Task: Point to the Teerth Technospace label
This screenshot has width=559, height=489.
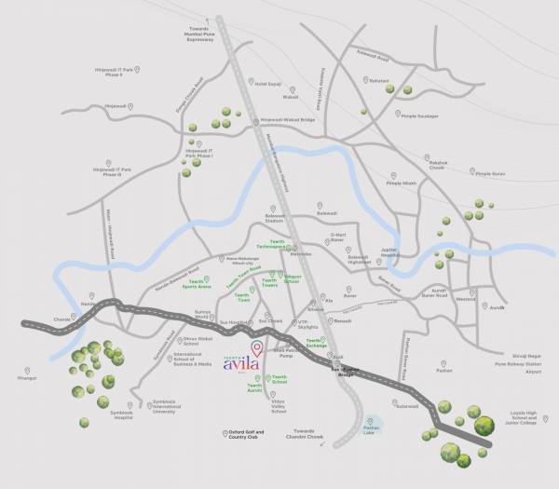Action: pyautogui.click(x=277, y=244)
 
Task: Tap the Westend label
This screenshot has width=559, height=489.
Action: pyautogui.click(x=465, y=299)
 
